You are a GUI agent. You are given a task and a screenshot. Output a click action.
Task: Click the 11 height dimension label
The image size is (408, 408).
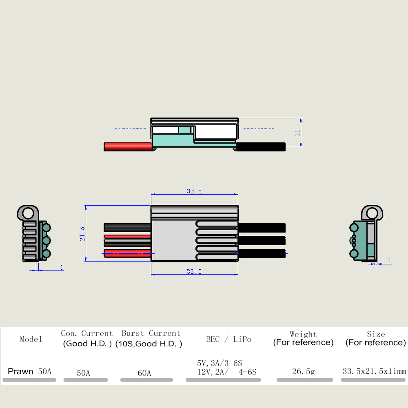point(297,133)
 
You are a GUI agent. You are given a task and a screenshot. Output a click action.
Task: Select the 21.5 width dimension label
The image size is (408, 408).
point(82,234)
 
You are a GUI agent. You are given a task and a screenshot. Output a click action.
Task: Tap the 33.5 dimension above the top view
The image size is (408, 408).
point(194,191)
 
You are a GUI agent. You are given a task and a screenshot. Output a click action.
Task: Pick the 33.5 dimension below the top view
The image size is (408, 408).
point(194,272)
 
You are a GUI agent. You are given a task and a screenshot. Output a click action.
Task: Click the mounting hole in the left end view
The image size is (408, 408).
point(28,213)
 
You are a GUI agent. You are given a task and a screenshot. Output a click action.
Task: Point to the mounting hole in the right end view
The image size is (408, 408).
point(373,213)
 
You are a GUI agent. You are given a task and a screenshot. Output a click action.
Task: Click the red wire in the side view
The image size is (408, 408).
point(128,147)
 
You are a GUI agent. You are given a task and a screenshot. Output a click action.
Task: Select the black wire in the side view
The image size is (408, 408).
point(261,147)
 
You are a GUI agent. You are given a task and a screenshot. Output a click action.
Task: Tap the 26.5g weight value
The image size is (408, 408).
point(304,372)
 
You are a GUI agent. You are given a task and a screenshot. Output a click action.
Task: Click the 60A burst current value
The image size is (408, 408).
point(144,373)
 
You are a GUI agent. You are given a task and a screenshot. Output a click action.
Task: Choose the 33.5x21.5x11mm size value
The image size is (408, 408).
point(374,371)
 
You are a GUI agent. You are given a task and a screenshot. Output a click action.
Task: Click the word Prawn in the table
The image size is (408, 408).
point(20,371)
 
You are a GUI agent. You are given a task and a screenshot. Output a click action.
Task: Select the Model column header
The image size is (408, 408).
point(31,339)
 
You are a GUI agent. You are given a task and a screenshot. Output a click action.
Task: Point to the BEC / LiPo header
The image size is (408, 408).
point(229,339)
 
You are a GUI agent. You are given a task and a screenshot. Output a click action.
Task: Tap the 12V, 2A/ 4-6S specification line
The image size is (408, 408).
point(226,372)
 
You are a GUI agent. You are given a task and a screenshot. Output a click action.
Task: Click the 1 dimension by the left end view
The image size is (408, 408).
point(62,267)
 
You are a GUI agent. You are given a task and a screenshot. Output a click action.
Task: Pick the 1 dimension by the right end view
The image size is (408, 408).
point(390,261)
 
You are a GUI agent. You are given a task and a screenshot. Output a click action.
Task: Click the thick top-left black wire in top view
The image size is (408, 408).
point(127,228)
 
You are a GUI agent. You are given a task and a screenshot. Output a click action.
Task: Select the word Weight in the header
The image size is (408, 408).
point(304,334)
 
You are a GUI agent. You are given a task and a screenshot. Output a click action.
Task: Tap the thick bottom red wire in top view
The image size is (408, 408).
point(127,254)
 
